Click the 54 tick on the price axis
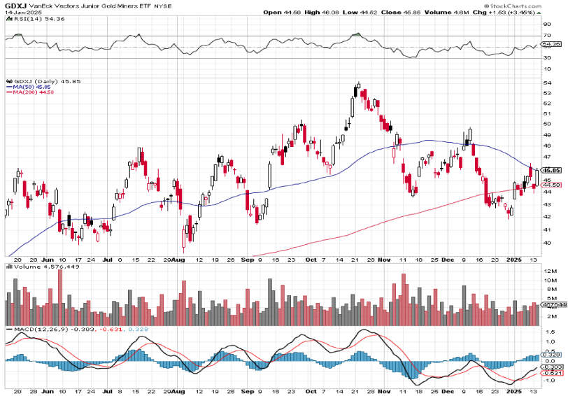pos(546,83)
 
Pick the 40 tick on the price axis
pos(546,243)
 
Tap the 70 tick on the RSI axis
pos(546,34)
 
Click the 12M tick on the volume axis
pos(548,271)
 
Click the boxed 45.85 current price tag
pos(551,169)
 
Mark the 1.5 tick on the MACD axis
pos(548,332)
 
